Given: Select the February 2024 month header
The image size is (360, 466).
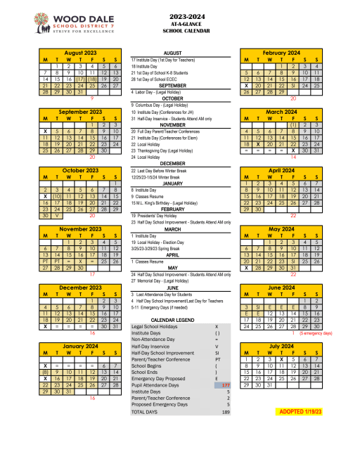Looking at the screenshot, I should click(281, 53).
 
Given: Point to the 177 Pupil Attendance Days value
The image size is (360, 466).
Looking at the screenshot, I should click(225, 385).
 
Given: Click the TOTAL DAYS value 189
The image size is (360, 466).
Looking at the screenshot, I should click(226, 412).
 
